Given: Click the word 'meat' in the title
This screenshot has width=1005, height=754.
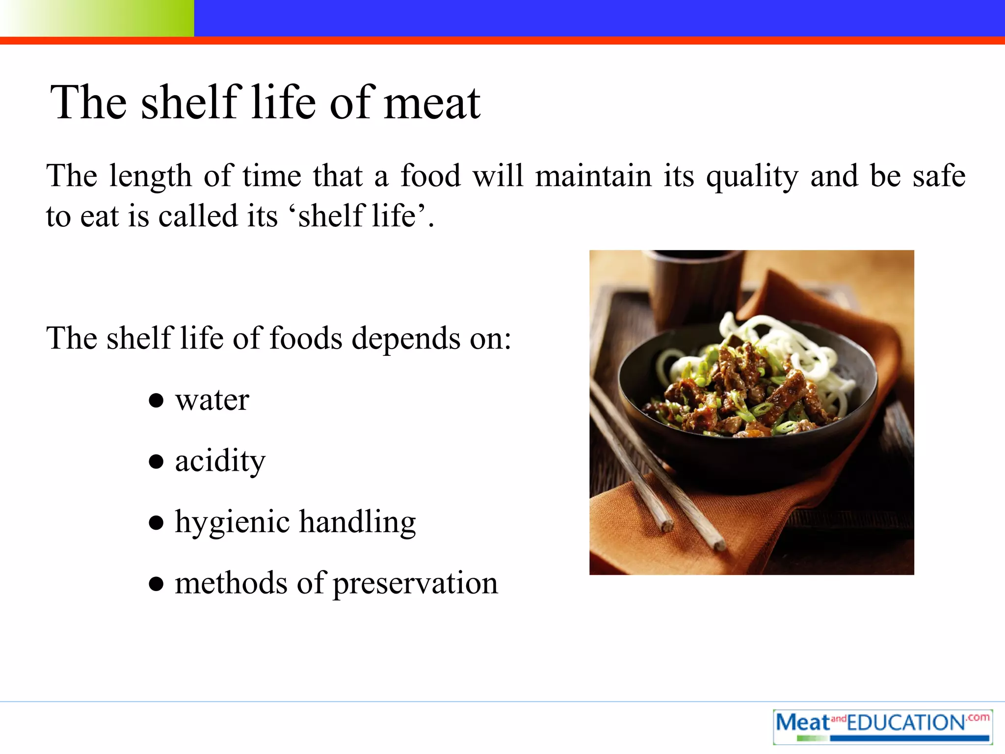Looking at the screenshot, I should [x=431, y=104].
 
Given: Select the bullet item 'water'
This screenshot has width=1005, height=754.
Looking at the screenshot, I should [x=212, y=400].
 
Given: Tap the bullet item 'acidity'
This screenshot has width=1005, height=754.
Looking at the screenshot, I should [x=220, y=461].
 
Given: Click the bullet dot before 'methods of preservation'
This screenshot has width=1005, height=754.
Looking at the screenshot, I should [x=156, y=584].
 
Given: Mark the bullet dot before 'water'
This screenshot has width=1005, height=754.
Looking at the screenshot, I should [x=156, y=401].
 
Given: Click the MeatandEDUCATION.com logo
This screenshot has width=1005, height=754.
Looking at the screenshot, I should [x=882, y=727].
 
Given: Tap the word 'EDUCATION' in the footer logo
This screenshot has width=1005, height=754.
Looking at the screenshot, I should [x=906, y=723].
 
